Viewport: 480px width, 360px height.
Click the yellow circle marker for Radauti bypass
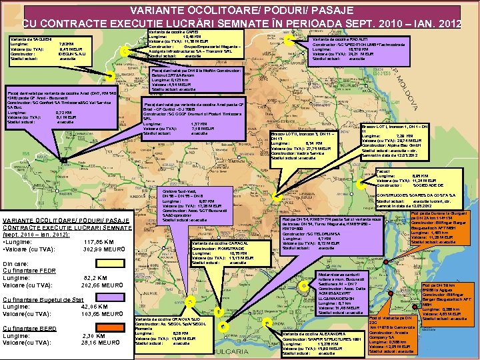pos(287,40)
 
